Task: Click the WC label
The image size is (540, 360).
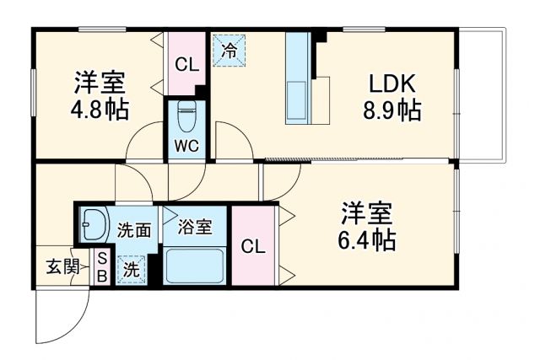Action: tap(186, 145)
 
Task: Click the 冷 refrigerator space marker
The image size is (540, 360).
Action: tap(229, 48)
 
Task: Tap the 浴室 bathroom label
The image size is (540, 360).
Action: tap(195, 227)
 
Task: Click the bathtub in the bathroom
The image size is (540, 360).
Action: tap(194, 266)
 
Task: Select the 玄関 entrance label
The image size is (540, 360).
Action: tap(62, 268)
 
